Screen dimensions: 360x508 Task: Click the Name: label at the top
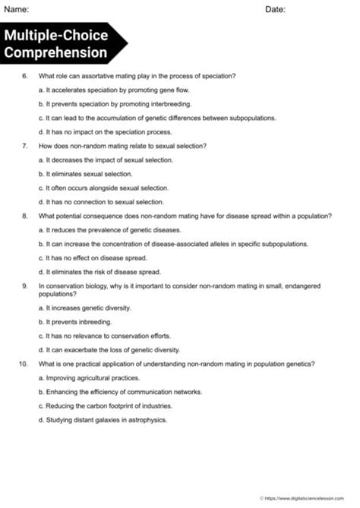coord(17,9)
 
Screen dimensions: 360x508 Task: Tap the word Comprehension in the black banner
coord(55,53)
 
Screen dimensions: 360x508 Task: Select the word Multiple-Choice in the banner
coord(55,36)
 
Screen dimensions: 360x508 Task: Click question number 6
coord(25,76)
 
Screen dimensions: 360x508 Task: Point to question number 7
coord(25,146)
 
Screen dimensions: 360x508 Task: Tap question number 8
coord(25,216)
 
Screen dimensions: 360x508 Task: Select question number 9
coord(25,286)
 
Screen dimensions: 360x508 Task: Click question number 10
coord(24,364)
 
